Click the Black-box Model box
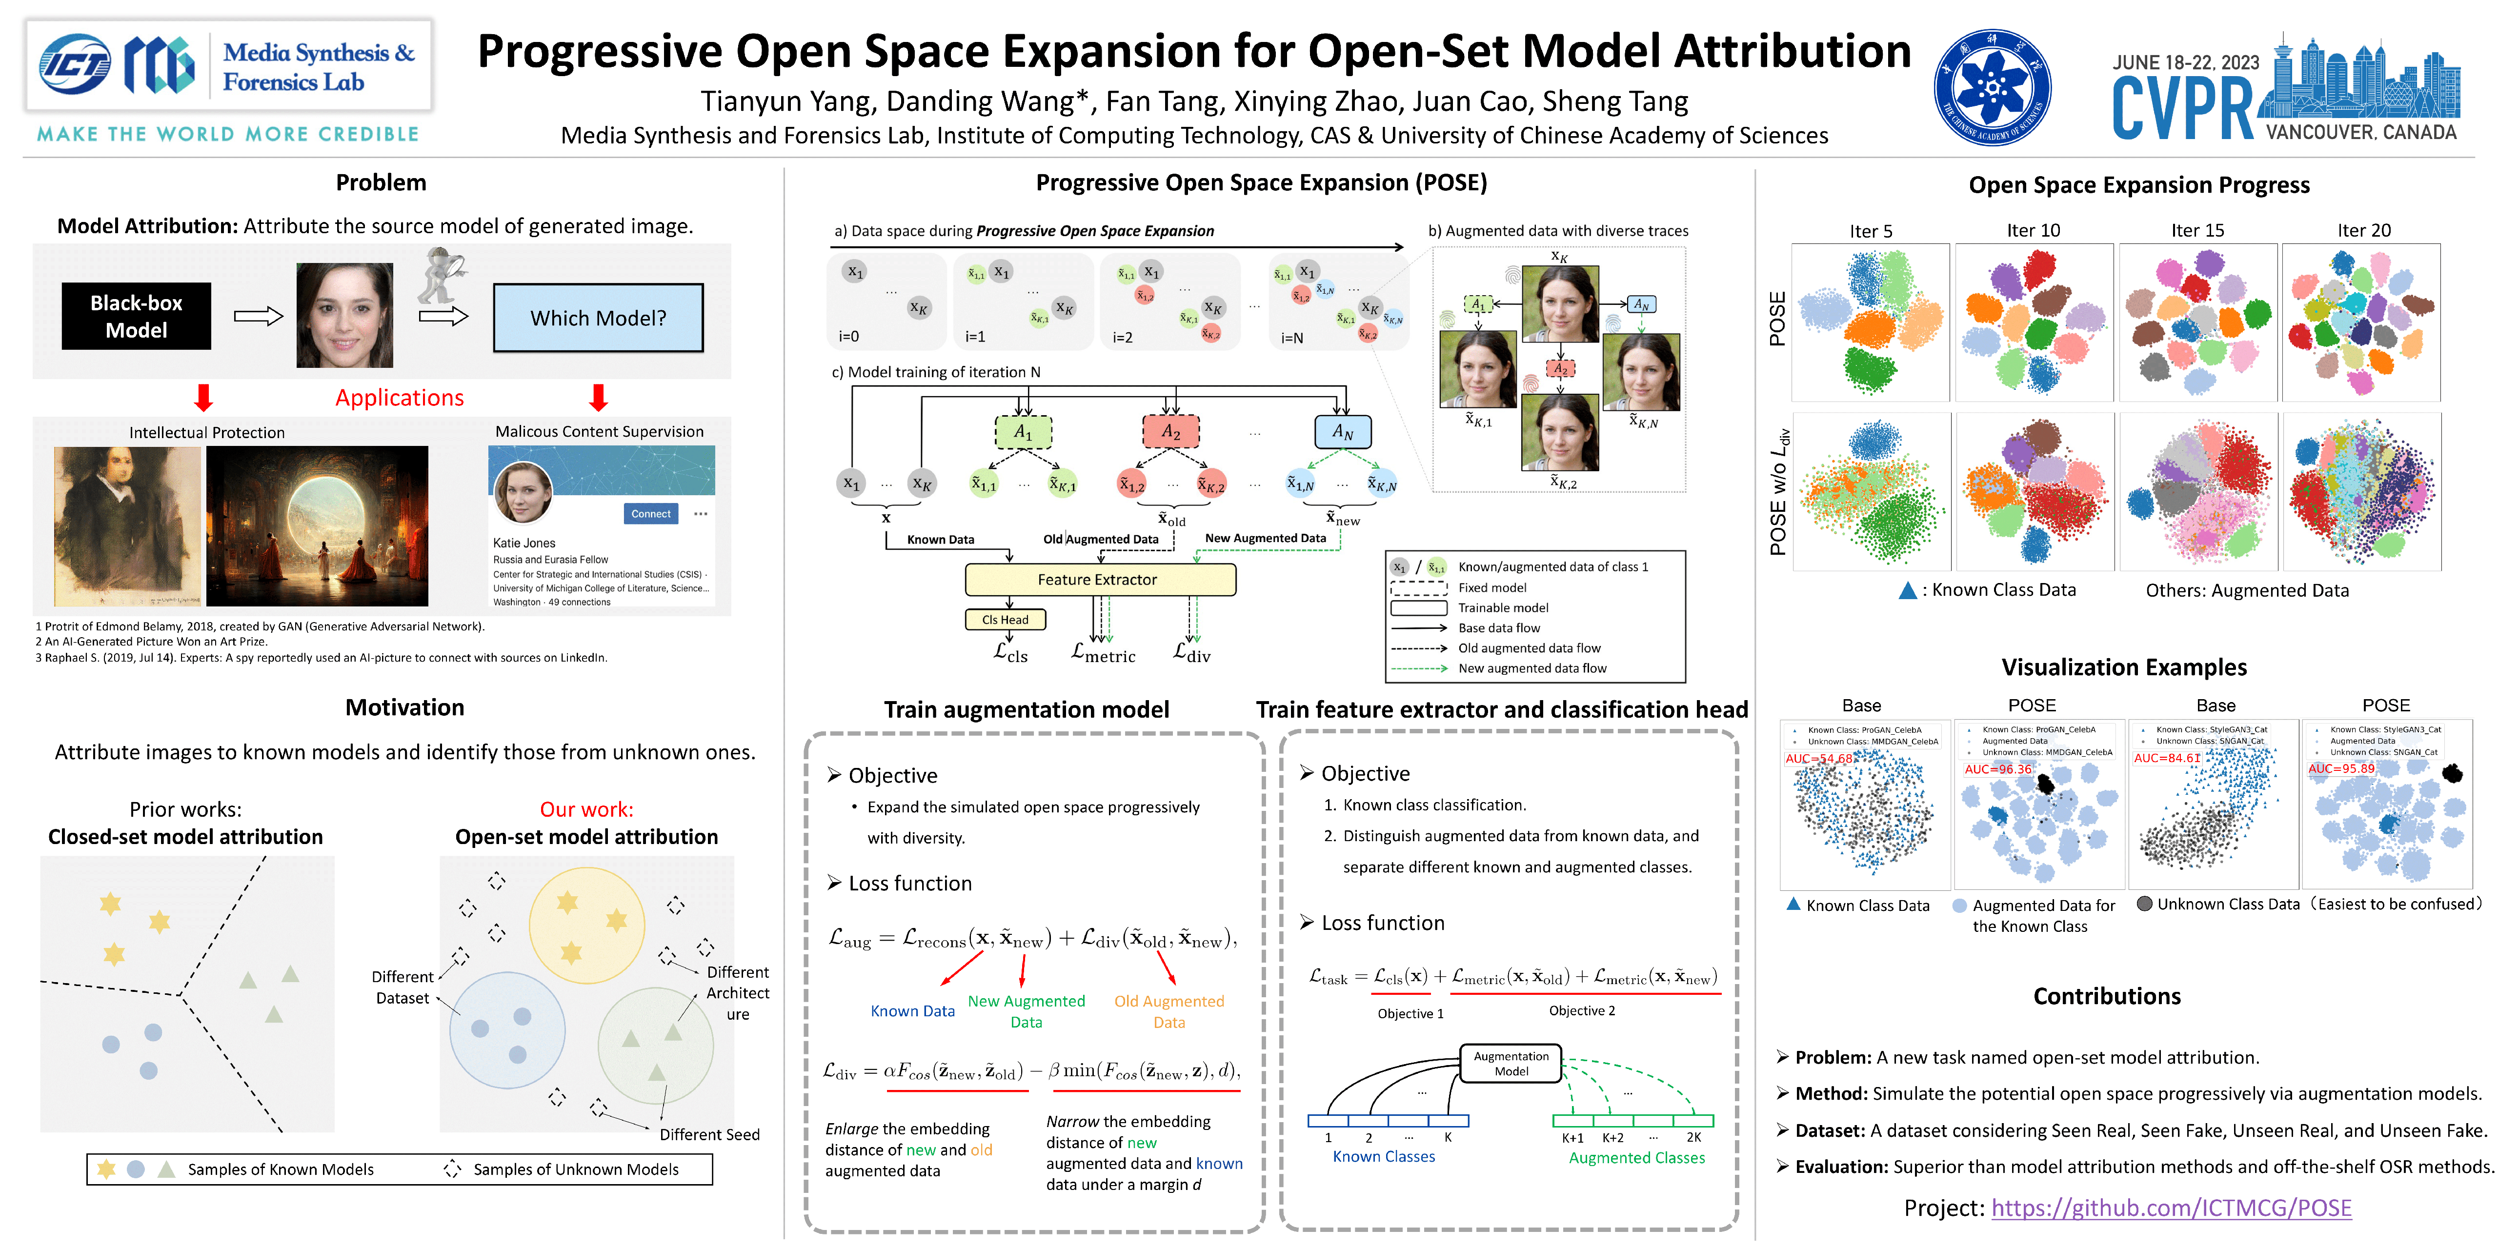click(x=136, y=316)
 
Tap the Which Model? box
click(x=598, y=318)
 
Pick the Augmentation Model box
click(x=1511, y=1063)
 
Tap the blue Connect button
click(x=651, y=514)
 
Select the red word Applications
click(x=400, y=398)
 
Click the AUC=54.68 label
click(x=1818, y=758)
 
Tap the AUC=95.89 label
click(x=2341, y=768)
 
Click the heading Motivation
click(x=404, y=707)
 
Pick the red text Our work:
click(x=586, y=809)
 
